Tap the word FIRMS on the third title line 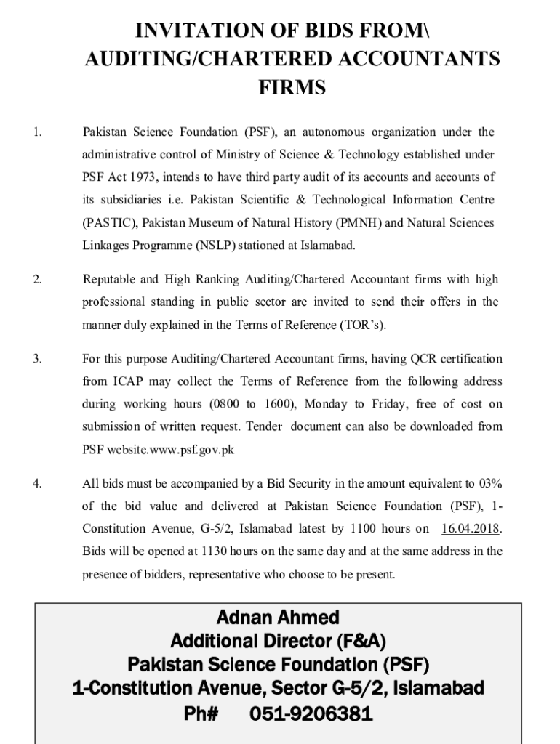coord(292,88)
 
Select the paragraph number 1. coord(37,132)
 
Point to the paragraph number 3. coord(37,359)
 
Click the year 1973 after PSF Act coord(143,177)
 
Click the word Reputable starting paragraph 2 coord(109,280)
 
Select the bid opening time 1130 coord(216,551)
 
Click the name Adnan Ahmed coord(278,618)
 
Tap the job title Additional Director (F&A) coord(278,641)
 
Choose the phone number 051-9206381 coord(311,713)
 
